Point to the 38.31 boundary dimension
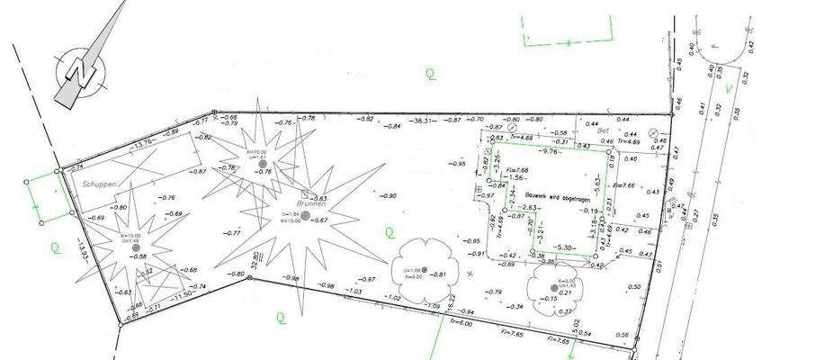click(x=425, y=120)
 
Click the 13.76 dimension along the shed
click(x=142, y=144)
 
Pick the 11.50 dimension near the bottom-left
click(x=184, y=294)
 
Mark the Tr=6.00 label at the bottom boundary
click(x=459, y=320)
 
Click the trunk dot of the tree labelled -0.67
click(x=305, y=215)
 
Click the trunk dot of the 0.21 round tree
click(x=554, y=288)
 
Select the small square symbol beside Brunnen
click(x=304, y=193)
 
